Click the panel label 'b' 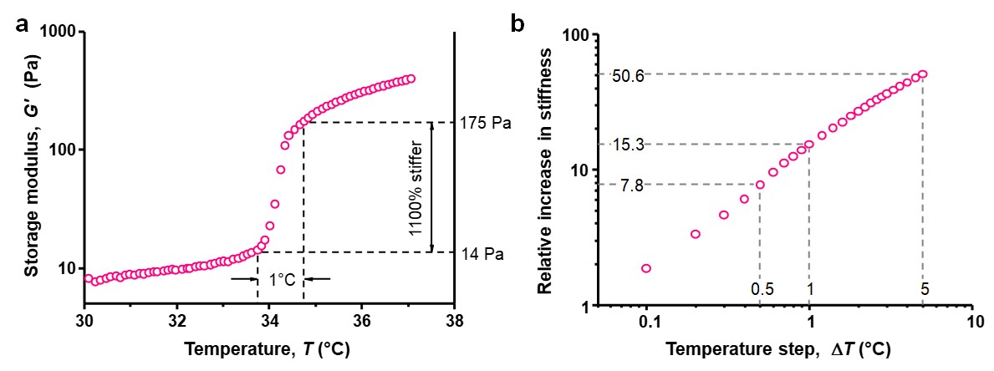(x=518, y=24)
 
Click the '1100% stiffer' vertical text (x=415, y=187)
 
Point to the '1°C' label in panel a (x=281, y=279)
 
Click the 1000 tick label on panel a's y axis (x=58, y=32)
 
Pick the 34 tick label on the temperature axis (x=269, y=319)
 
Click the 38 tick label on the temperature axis (x=453, y=319)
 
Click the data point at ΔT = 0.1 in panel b (x=646, y=268)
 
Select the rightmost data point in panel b (x=923, y=74)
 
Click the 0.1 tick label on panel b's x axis (x=646, y=321)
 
